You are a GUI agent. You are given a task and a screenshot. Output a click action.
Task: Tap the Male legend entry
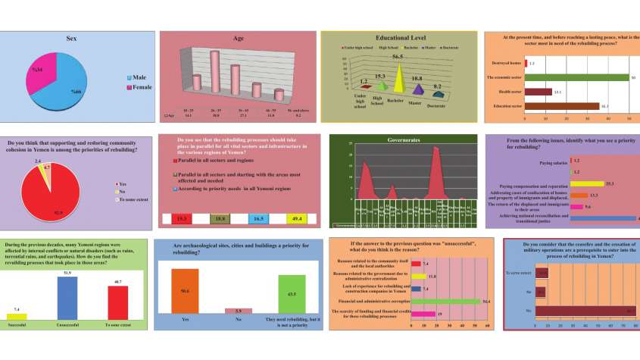tap(139, 77)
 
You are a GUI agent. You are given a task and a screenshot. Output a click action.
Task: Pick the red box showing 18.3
tap(182, 218)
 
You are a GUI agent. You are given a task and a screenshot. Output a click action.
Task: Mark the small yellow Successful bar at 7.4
tap(17, 315)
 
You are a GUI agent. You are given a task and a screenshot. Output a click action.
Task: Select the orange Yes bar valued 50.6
tap(186, 290)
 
